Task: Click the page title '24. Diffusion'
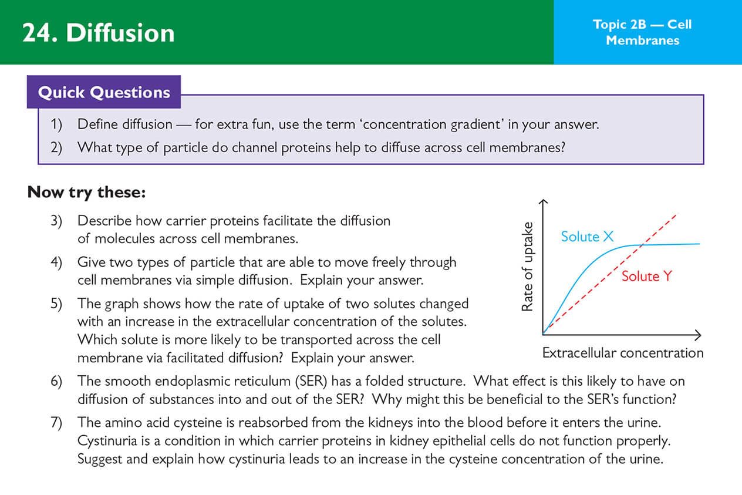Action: pos(98,33)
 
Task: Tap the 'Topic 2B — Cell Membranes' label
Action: pos(642,32)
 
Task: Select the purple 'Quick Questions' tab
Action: pos(104,92)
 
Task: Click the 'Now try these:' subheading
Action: pos(86,192)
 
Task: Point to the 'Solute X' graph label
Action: pos(587,237)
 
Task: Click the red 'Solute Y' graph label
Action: pos(646,276)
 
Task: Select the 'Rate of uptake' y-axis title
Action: pos(527,266)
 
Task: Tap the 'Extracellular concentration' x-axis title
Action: pos(622,353)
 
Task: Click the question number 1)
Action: pos(56,124)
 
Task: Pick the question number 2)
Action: pos(56,147)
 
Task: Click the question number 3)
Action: pos(56,221)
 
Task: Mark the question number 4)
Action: pos(56,262)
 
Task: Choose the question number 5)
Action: pos(56,304)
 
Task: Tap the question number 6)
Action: pos(56,381)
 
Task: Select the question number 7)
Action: pos(56,422)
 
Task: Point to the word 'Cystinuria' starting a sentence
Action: pos(107,440)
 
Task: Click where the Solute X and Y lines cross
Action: pos(643,244)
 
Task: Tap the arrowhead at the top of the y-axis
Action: pos(543,202)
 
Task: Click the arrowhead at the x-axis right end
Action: pos(698,335)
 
